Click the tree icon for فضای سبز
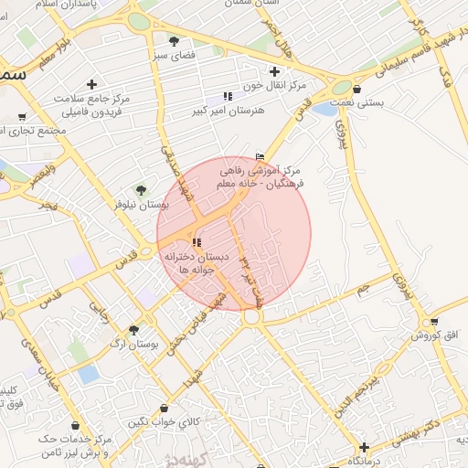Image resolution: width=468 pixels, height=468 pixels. pyautogui.click(x=174, y=41)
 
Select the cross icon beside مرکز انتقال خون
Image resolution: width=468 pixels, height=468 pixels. pyautogui.click(x=274, y=71)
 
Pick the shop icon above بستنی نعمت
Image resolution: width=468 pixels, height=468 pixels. pyautogui.click(x=356, y=90)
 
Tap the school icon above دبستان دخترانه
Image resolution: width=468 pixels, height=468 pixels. pyautogui.click(x=196, y=242)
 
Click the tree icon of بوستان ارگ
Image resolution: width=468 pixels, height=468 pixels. pyautogui.click(x=134, y=329)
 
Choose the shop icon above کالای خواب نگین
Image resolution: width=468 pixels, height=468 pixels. pyautogui.click(x=163, y=408)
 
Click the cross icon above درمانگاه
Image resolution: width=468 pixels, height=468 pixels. pyautogui.click(x=365, y=447)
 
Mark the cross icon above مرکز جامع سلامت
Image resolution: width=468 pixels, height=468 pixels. pyautogui.click(x=91, y=84)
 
